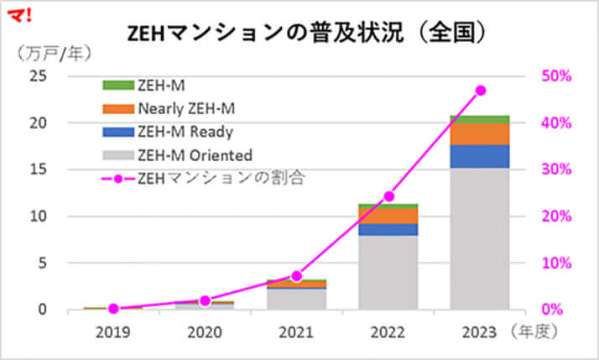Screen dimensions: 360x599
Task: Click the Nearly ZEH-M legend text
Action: tap(189, 107)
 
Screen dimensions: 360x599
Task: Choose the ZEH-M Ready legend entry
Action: tap(185, 131)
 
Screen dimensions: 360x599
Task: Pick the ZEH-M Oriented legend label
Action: tap(194, 154)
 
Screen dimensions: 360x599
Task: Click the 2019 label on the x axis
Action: tap(113, 331)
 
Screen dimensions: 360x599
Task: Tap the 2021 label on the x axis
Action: tap(296, 331)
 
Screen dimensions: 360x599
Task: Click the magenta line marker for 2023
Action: tap(480, 90)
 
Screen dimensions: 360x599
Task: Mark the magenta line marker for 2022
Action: tap(388, 196)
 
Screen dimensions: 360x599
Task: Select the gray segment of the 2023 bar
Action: tap(479, 239)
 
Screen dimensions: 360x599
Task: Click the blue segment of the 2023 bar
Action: tap(479, 156)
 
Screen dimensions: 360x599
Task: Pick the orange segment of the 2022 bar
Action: tap(388, 216)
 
